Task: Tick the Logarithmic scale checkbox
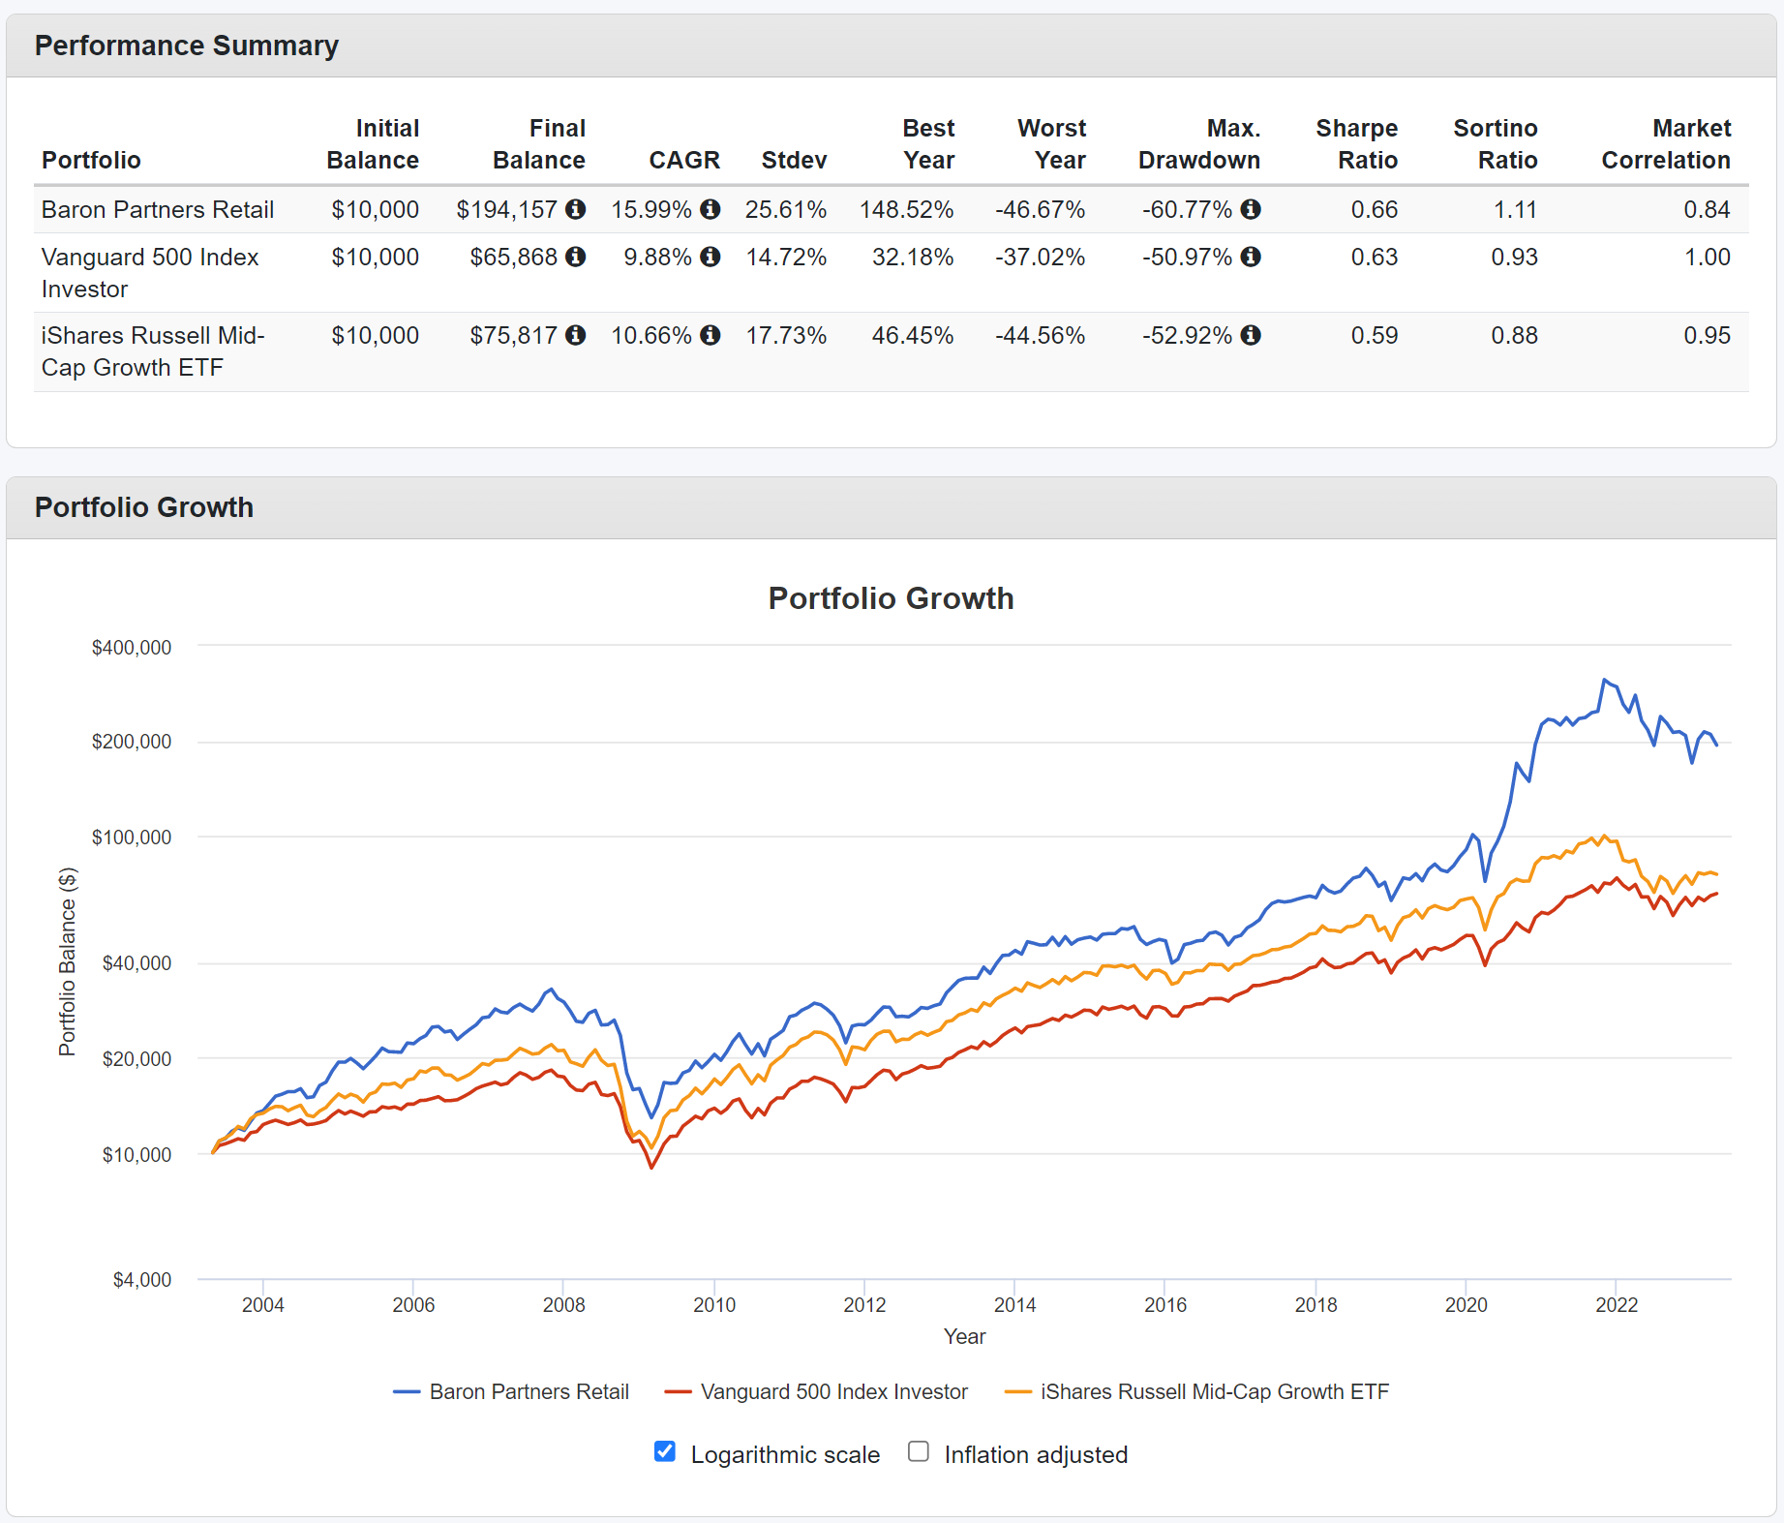point(664,1451)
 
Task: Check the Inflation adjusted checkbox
point(919,1451)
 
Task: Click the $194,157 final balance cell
point(506,209)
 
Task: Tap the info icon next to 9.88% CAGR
point(711,257)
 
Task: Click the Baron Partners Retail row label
point(158,209)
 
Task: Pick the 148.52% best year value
point(906,209)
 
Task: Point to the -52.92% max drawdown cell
point(1187,335)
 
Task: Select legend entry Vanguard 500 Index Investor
point(833,1391)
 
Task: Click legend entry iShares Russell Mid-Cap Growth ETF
point(1214,1391)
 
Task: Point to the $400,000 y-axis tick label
point(132,647)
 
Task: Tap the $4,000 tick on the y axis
point(142,1279)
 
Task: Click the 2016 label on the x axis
point(1165,1304)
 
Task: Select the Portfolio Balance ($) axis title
point(67,960)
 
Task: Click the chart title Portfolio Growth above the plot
point(891,598)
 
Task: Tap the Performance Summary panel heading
point(187,46)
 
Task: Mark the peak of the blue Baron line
point(1604,680)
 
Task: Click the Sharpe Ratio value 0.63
point(1374,257)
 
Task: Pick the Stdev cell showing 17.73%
point(785,335)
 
